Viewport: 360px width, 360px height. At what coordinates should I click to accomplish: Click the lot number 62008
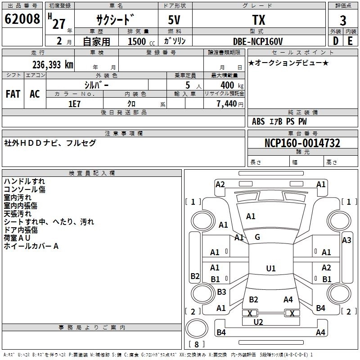[22, 19]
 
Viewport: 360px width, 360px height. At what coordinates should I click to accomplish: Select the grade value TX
[259, 20]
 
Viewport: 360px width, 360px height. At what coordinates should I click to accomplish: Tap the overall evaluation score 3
[343, 20]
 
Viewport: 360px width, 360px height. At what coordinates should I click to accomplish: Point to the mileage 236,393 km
[53, 65]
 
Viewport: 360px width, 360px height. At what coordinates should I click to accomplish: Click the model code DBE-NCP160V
[257, 41]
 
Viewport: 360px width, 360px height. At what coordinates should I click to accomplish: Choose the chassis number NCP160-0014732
[302, 143]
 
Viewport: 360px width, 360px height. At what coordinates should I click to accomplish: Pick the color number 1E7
[74, 104]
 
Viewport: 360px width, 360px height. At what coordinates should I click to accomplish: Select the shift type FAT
[13, 94]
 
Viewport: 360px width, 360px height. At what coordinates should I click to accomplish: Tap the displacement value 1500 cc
[141, 41]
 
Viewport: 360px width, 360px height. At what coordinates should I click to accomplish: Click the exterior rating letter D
[336, 41]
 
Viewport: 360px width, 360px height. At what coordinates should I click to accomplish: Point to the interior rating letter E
[350, 41]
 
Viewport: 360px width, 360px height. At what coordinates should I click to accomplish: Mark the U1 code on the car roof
[271, 268]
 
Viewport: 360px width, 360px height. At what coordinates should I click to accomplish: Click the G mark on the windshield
[257, 237]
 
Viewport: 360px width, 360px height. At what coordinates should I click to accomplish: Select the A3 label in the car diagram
[346, 240]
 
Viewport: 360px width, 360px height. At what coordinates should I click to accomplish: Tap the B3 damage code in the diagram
[221, 292]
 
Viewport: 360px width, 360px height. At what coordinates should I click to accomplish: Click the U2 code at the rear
[258, 322]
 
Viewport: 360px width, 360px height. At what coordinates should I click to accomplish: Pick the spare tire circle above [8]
[197, 328]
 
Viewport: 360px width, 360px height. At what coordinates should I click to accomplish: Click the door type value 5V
[174, 20]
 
